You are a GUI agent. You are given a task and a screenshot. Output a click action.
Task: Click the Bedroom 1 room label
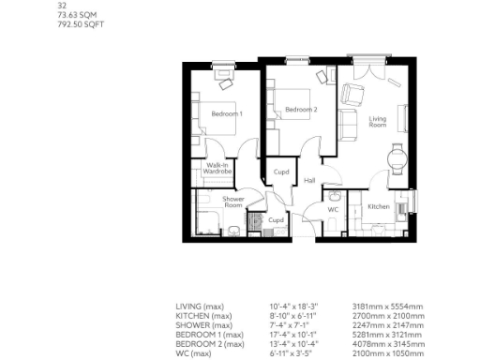coord(226,113)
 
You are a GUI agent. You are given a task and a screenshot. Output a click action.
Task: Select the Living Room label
coord(378,122)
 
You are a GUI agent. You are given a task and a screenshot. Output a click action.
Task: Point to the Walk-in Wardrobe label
coord(217,170)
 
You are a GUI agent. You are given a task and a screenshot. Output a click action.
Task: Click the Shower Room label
coord(232,202)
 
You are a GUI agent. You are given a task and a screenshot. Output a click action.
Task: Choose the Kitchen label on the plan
coord(378,206)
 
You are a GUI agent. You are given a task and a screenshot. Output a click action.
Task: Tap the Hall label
coord(309,181)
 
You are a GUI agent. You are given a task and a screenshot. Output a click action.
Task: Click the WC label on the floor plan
coord(332,210)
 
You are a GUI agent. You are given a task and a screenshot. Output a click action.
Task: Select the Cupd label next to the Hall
coord(280,172)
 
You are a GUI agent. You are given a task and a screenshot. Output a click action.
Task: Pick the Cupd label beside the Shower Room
coord(276,220)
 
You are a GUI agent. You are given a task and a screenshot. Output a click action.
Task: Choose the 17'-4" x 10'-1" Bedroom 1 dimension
coord(293,336)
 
